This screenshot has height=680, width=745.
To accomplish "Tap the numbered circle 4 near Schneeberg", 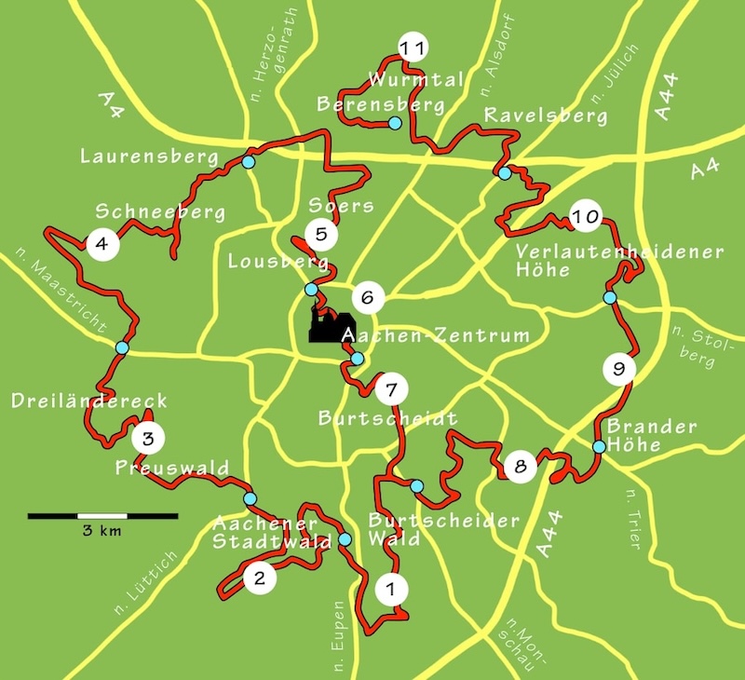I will click(x=102, y=245).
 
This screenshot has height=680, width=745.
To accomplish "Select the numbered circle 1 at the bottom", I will click(x=390, y=589).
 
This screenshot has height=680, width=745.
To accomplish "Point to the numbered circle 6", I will click(x=368, y=298).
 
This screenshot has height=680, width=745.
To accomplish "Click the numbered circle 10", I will click(x=585, y=218).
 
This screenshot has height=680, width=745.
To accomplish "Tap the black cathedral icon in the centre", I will click(x=324, y=327).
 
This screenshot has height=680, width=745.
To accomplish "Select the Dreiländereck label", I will click(x=89, y=401).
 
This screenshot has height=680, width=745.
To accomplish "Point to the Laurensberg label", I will click(x=149, y=156).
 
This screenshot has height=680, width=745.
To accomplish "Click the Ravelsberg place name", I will click(x=546, y=116).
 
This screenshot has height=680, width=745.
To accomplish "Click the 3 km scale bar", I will click(x=102, y=515).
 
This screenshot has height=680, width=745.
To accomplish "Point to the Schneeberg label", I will click(x=160, y=212).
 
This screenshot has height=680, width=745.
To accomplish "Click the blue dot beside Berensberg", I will click(x=395, y=124).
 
